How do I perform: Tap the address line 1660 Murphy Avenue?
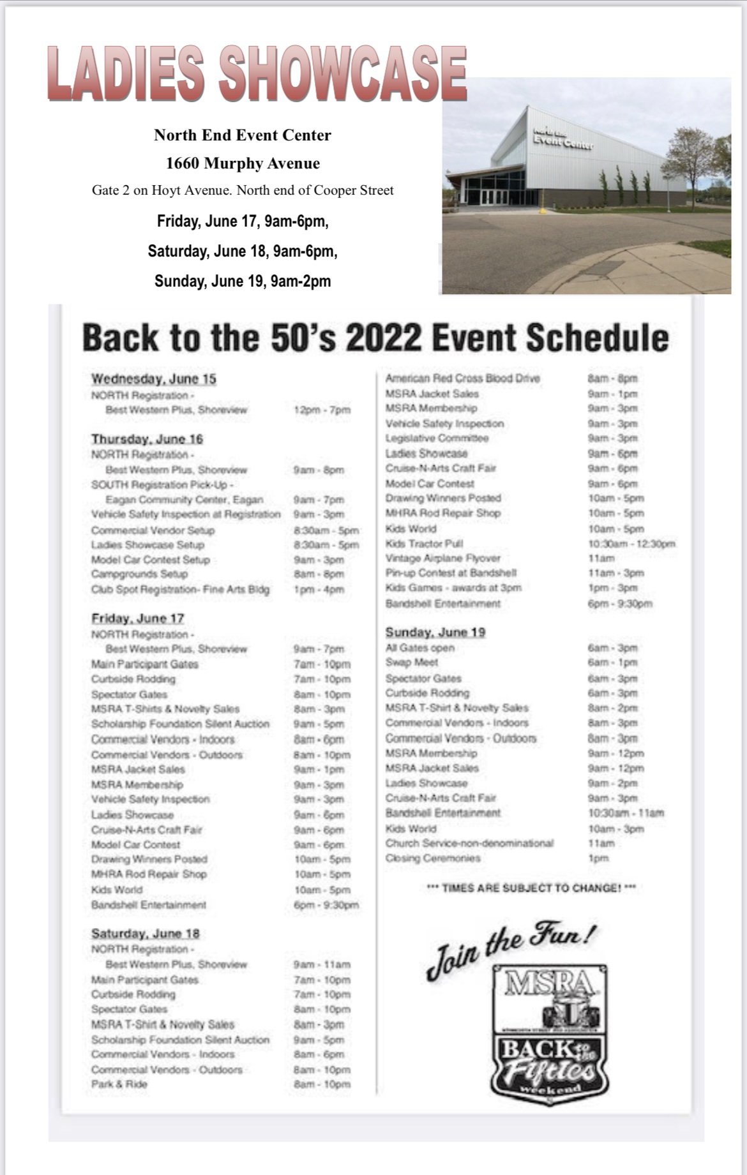tap(243, 163)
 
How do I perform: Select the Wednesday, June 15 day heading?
tap(154, 378)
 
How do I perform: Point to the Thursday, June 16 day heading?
tap(147, 439)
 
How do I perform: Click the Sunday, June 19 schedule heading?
tap(435, 632)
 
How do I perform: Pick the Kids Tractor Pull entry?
tap(424, 544)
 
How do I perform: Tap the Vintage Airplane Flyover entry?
tap(442, 558)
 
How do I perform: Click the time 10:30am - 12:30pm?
tap(631, 544)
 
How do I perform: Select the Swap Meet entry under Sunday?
tap(412, 662)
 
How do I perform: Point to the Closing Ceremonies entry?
tap(432, 858)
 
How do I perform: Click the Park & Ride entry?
tap(119, 1084)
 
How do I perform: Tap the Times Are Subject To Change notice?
tap(531, 888)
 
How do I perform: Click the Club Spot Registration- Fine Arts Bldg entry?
tap(180, 590)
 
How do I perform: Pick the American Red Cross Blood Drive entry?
tap(463, 378)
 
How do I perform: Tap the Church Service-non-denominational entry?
tap(469, 843)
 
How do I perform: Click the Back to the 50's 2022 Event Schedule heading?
tap(375, 337)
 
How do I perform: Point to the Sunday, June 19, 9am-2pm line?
tap(243, 281)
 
